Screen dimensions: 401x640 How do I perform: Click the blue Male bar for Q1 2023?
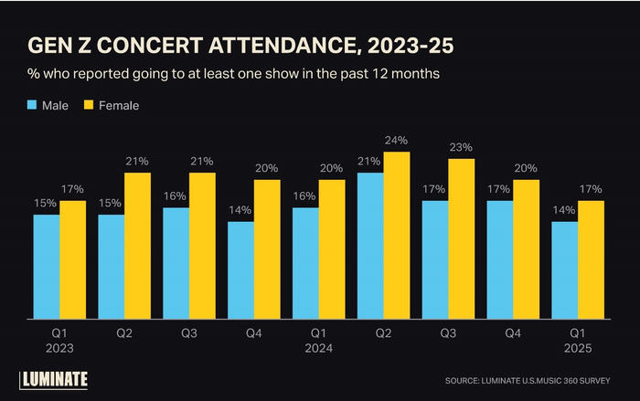(47, 267)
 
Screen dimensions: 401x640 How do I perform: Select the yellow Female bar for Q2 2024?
(396, 236)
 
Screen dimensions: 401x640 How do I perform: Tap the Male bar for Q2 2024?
(370, 246)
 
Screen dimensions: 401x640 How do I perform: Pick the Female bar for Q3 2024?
(461, 239)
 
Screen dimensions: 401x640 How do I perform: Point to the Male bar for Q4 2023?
(240, 270)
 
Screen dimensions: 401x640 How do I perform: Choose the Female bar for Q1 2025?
(591, 260)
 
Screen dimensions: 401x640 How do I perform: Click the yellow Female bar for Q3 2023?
(202, 246)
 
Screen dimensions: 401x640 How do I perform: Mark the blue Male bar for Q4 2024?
(500, 260)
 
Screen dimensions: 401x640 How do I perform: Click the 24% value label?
(397, 141)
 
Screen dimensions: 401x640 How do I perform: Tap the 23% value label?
(461, 147)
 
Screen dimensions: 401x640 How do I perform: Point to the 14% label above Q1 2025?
(564, 210)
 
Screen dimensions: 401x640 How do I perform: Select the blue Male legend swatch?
(31, 105)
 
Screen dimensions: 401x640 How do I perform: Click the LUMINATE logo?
(54, 379)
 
